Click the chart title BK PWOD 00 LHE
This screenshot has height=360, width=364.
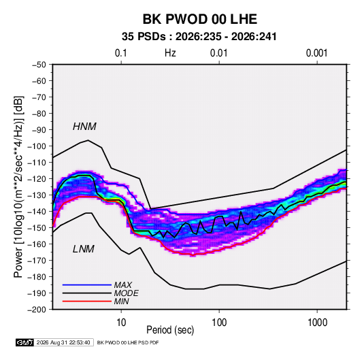(200, 19)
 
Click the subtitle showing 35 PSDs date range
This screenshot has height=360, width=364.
(199, 37)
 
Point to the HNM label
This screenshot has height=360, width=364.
(84, 127)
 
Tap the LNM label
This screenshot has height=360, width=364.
(84, 249)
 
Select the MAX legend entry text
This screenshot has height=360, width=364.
(123, 285)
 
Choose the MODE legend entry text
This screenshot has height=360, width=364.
(127, 293)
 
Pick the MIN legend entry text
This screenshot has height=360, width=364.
(121, 301)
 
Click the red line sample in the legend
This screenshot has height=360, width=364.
(87, 301)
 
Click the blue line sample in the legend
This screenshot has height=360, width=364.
(87, 285)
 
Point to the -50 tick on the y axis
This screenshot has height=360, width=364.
(39, 65)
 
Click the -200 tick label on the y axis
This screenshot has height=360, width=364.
(37, 310)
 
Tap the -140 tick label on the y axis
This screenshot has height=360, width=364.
(37, 212)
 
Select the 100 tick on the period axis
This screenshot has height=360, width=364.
(219, 323)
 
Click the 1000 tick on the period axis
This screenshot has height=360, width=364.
(317, 323)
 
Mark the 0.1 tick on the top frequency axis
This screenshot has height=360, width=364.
(121, 53)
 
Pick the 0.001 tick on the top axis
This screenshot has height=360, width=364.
(317, 53)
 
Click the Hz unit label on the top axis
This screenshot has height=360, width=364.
(170, 53)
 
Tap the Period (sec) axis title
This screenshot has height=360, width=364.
(170, 330)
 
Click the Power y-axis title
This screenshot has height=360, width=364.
(18, 187)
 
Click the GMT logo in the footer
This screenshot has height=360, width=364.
(24, 342)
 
